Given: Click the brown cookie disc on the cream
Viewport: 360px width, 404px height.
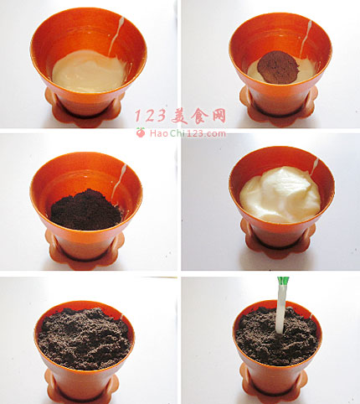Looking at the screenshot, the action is pos(278,67).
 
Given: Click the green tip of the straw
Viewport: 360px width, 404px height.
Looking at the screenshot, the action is pos(283,280).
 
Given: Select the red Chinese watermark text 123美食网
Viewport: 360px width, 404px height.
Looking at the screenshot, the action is pos(181,116).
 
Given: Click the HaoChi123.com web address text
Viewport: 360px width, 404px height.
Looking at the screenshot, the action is pos(188,133).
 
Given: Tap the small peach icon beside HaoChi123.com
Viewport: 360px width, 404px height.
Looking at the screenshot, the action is pos(141,132).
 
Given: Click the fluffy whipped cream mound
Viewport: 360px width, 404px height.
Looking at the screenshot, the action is pos(280,194).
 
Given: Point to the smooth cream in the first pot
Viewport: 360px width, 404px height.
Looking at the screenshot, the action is pos(89,71).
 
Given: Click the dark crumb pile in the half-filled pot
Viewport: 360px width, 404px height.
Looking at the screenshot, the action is pos(86,210).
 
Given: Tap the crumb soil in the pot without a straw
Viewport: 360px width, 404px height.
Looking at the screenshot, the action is pos(85,338).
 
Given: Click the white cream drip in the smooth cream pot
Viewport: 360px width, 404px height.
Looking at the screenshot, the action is pos(116,36).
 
